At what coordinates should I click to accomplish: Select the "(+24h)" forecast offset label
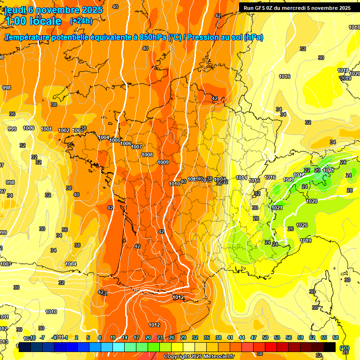pyautogui.click(x=81, y=21)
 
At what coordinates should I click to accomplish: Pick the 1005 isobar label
pyautogui.click(x=115, y=141)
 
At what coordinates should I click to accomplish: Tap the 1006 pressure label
pyautogui.click(x=126, y=143)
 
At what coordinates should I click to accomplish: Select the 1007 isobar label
pyautogui.click(x=136, y=147)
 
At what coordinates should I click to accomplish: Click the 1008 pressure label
pyautogui.click(x=147, y=155)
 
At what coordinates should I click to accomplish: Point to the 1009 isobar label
pyautogui.click(x=163, y=163)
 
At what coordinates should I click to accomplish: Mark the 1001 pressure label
pyautogui.click(x=46, y=129)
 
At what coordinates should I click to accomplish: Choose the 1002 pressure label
pyautogui.click(x=64, y=130)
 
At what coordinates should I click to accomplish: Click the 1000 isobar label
pyautogui.click(x=29, y=128)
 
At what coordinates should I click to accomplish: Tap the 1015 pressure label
pyautogui.click(x=255, y=180)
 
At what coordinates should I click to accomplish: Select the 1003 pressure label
pyautogui.click(x=6, y=264)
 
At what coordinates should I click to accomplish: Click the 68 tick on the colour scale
pyautogui.click(x=336, y=337)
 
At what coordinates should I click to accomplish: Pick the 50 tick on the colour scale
pyautogui.click(x=265, y=337)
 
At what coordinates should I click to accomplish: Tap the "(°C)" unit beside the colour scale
pyautogui.click(x=345, y=348)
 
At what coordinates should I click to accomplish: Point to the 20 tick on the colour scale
pyautogui.click(x=148, y=337)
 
